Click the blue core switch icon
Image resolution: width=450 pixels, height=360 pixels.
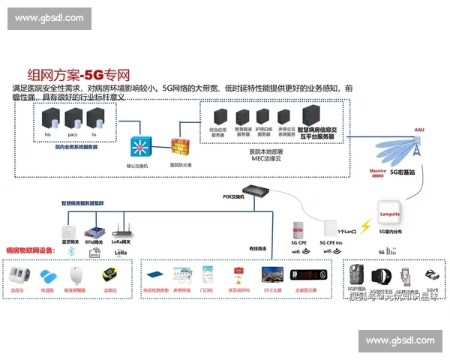[138, 145]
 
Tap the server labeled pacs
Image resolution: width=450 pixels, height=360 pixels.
[73, 118]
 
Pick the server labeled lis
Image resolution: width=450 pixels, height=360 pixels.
[94, 118]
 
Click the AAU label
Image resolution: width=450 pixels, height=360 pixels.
[420, 130]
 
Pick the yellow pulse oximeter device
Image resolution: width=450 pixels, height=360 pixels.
[110, 274]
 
